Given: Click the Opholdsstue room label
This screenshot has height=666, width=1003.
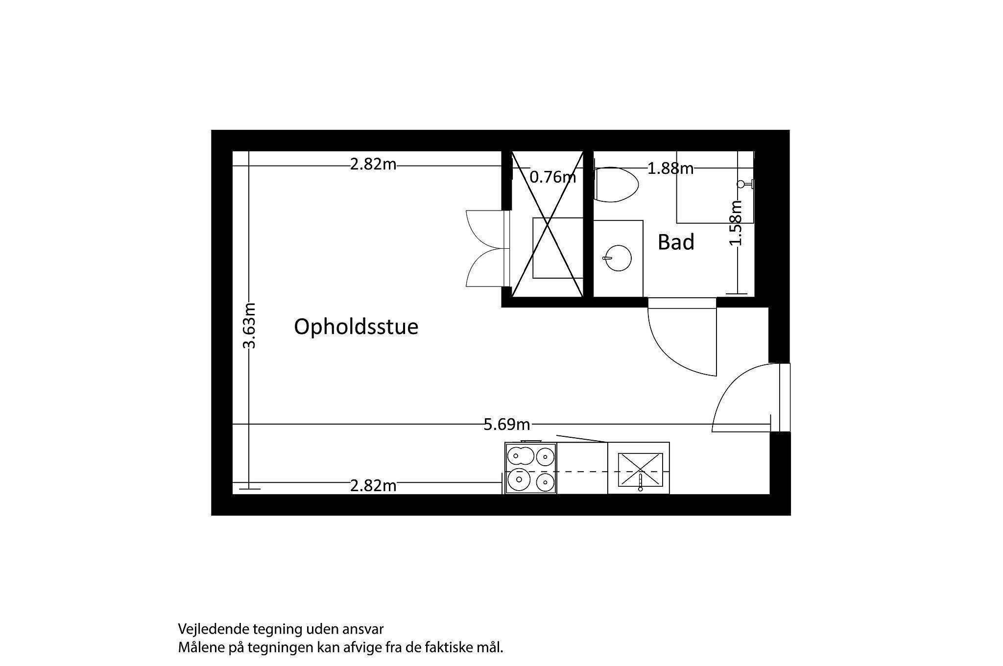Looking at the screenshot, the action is (356, 327).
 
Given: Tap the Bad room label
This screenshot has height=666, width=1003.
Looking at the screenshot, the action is (676, 242).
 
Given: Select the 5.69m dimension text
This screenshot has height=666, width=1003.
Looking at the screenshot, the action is (507, 424).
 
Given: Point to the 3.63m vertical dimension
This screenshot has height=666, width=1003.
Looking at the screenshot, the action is (250, 325).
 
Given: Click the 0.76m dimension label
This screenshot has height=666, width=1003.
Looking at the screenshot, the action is (553, 177).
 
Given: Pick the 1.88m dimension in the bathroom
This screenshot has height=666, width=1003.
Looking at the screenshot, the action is (670, 168).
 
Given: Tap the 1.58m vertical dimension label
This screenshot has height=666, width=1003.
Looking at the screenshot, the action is (736, 223).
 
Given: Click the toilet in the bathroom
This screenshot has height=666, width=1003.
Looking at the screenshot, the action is (616, 185).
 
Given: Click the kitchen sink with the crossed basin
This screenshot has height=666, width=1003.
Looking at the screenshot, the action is (640, 471).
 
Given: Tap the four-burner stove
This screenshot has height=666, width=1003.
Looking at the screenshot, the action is (531, 468).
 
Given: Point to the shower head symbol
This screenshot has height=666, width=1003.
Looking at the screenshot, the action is (746, 184).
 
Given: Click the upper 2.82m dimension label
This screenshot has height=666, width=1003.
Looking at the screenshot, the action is (373, 165).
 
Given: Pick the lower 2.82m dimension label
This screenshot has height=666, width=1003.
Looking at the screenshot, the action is (373, 486).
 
